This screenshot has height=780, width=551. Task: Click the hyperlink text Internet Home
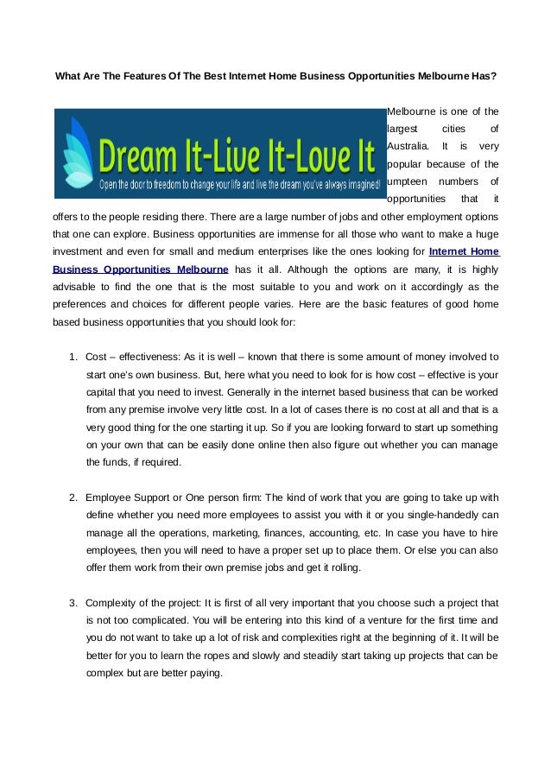(464, 251)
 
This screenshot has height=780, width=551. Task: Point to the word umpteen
(407, 181)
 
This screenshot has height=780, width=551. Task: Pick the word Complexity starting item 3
(113, 602)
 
